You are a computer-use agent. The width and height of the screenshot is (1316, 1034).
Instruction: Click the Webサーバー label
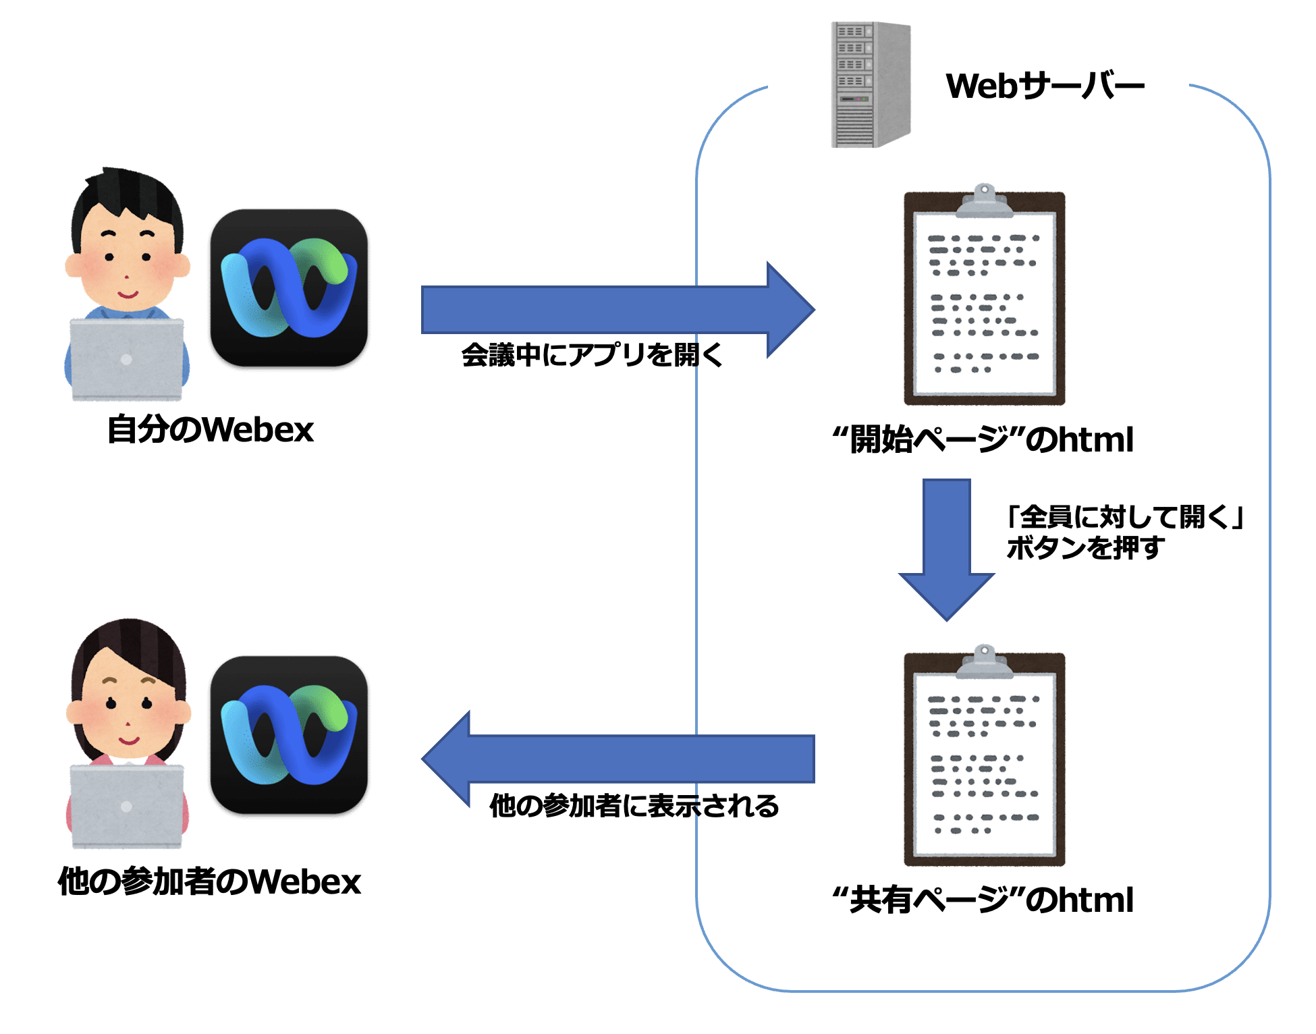coord(1045,86)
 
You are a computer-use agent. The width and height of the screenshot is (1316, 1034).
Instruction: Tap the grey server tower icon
coord(871,84)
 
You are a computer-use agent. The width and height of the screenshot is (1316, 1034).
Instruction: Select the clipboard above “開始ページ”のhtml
coord(985,294)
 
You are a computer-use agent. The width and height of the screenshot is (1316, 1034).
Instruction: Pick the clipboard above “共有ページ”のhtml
coord(985,755)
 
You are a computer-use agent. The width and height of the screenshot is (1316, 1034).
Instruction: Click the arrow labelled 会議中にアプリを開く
coord(618,310)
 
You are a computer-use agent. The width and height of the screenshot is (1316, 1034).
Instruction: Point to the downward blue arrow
coord(947,550)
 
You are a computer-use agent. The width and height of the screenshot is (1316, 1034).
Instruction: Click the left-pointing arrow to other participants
coord(618,759)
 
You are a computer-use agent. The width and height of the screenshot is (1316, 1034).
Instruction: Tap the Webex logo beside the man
coord(289,288)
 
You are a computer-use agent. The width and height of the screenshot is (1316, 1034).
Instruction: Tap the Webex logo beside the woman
coord(289,735)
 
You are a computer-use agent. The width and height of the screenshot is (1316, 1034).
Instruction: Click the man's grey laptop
coord(127,360)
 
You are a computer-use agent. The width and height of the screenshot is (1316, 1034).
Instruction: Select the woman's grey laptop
coord(127,807)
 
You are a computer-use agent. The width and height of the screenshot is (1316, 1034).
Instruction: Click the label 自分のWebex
coord(211,429)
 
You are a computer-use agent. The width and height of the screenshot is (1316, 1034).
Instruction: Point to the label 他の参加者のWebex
coord(209,881)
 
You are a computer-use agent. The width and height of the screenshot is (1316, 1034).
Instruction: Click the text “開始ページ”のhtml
coord(983,439)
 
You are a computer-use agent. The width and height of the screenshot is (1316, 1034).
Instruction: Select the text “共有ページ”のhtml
coord(983,900)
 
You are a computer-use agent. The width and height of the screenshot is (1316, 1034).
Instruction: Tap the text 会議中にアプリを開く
coord(592,354)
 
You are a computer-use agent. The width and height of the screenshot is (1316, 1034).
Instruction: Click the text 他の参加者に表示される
coord(634,805)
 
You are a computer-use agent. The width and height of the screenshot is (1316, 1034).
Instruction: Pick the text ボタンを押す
coord(1085,547)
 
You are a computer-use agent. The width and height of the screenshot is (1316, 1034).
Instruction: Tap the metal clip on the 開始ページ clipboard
coord(985,200)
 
